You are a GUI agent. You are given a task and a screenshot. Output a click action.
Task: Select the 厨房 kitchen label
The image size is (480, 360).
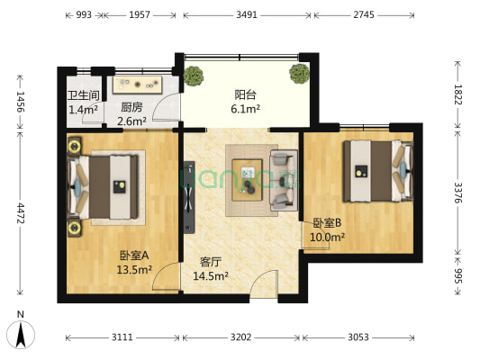131,105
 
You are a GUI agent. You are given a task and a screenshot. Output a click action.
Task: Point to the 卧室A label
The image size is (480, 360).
133,254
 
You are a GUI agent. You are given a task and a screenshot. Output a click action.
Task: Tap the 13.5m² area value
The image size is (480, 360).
134,267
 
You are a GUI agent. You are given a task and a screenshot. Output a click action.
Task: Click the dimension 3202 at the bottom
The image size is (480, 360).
241,337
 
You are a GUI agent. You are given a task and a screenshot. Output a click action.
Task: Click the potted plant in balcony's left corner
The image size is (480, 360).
193,76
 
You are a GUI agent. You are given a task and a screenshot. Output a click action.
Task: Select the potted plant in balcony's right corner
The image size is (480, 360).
298,76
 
